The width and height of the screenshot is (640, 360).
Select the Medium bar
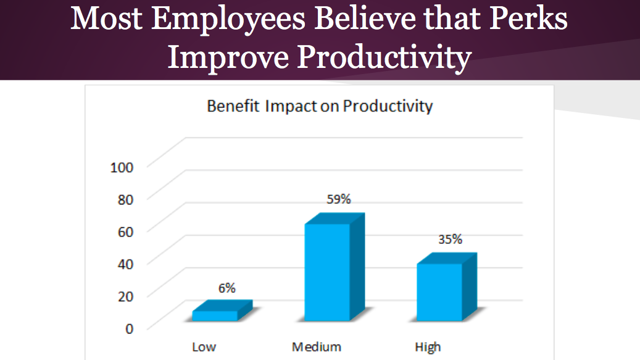pyautogui.click(x=335, y=267)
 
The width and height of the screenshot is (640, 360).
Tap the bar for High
pyautogui.click(x=447, y=287)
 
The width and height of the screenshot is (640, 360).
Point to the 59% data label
pyautogui.click(x=338, y=199)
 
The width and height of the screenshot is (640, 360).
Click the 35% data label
pyautogui.click(x=450, y=239)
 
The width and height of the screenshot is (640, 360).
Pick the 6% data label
pyautogui.click(x=227, y=288)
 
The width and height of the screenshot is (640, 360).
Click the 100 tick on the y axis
pyautogui.click(x=122, y=167)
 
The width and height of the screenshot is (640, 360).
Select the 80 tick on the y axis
pyautogui.click(x=125, y=199)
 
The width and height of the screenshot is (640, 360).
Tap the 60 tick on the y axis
pyautogui.click(x=125, y=232)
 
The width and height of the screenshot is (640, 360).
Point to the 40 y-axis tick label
pyautogui.click(x=125, y=264)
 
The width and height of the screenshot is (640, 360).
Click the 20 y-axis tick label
pyautogui.click(x=125, y=296)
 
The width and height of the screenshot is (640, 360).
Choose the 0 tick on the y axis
pyautogui.click(x=130, y=329)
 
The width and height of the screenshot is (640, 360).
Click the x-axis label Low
pyautogui.click(x=204, y=347)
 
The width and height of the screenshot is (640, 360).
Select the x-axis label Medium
pyautogui.click(x=317, y=347)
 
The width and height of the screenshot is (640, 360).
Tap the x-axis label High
pyautogui.click(x=428, y=348)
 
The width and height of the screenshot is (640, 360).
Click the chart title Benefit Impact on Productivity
pyautogui.click(x=320, y=107)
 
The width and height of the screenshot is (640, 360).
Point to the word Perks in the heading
pyautogui.click(x=528, y=19)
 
